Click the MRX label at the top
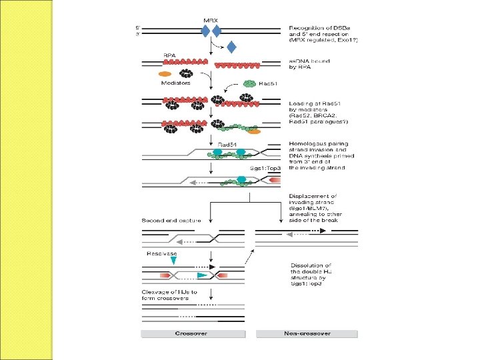[x=210, y=19]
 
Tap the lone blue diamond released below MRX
[x=231, y=47]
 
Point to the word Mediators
[x=175, y=83]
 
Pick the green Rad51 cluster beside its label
[x=249, y=84]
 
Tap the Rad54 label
[x=228, y=144]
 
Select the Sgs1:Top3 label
[x=265, y=168]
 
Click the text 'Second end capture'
[x=167, y=220]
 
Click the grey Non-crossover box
[x=306, y=333]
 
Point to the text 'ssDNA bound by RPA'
[x=306, y=64]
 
